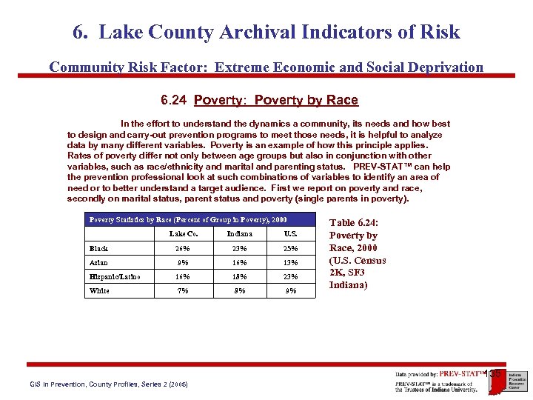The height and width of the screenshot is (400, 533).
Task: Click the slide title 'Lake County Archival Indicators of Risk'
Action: coord(266,33)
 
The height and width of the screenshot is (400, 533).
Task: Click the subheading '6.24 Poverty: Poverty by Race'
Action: coord(259,100)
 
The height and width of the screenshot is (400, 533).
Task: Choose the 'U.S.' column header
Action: coord(291,234)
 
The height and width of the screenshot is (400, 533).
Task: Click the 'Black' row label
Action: coord(98,249)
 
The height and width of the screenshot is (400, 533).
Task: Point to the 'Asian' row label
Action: coord(98,262)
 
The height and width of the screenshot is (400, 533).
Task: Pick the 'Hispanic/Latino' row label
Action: coord(115,276)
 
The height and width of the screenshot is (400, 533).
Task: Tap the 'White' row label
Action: coord(99,290)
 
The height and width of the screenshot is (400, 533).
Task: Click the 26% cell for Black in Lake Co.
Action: coord(182,249)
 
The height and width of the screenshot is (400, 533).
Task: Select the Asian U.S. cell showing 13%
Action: coord(291,262)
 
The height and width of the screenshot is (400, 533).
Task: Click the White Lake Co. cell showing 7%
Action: coord(182,290)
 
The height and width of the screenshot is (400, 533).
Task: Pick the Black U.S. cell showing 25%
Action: coord(291,249)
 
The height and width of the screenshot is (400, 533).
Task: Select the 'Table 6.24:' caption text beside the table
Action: coord(353,222)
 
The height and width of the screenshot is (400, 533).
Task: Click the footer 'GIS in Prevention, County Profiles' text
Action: coord(109,384)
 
